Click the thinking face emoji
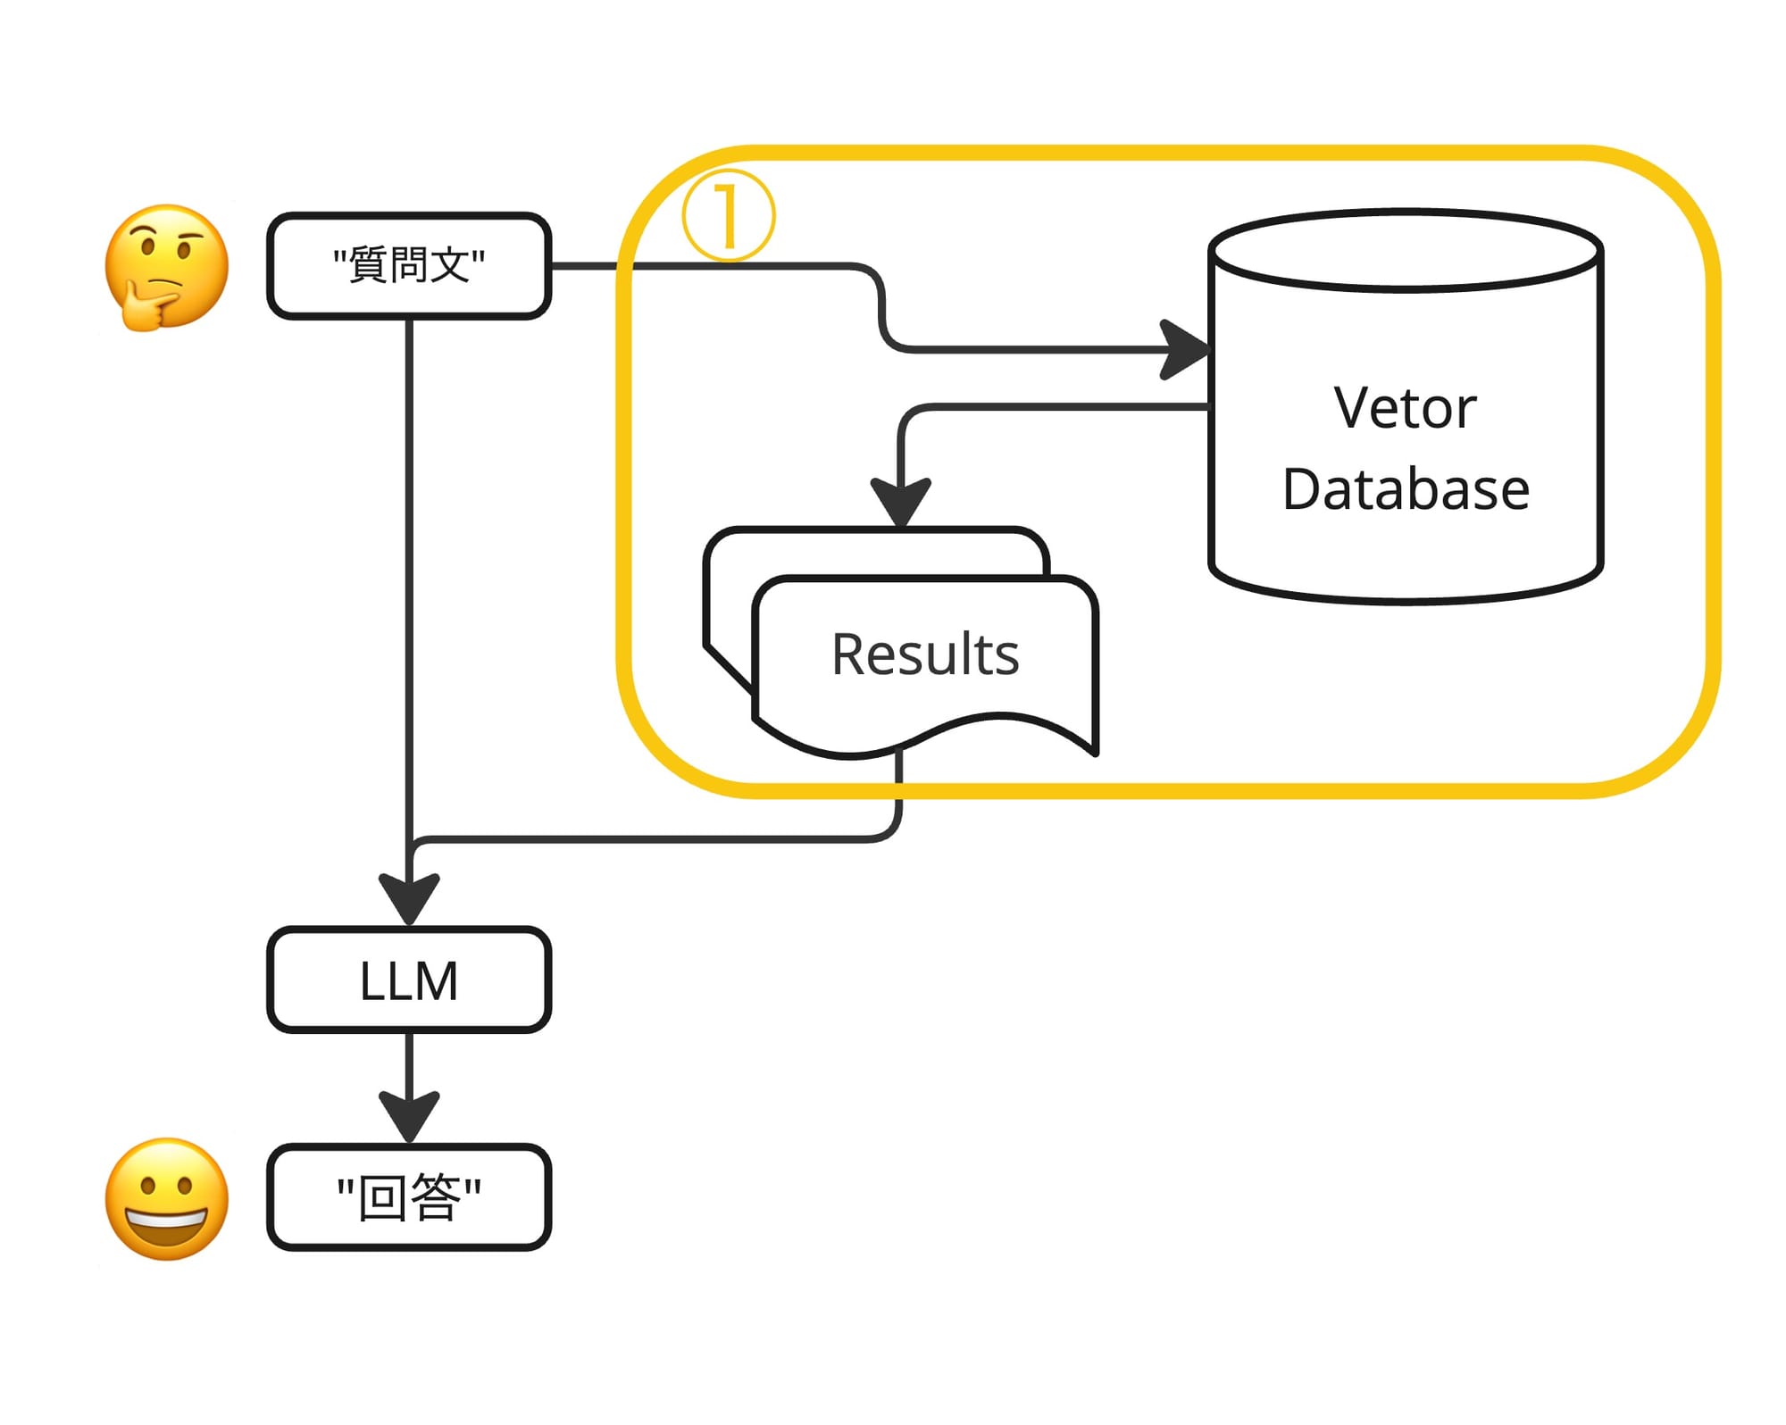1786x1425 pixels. click(x=166, y=267)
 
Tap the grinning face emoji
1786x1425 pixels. click(x=166, y=1198)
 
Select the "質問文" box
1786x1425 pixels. click(x=409, y=266)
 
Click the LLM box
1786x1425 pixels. click(x=409, y=980)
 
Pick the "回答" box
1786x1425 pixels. click(x=409, y=1197)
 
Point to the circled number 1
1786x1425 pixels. click(x=728, y=216)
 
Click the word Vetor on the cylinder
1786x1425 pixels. click(x=1405, y=408)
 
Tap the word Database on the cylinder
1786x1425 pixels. click(x=1406, y=489)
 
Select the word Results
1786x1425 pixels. click(x=925, y=654)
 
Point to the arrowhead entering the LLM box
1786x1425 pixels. click(x=409, y=898)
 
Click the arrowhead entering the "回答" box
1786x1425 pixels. click(x=409, y=1116)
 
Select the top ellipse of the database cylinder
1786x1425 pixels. click(x=1406, y=251)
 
